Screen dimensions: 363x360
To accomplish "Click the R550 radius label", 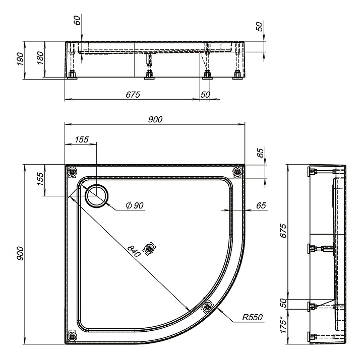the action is tap(253, 317).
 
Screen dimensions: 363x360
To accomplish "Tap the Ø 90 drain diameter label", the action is tap(135, 205).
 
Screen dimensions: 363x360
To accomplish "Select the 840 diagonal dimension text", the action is tap(134, 251).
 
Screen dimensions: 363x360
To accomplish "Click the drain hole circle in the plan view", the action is tap(96, 195).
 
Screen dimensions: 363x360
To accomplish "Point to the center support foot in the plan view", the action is tap(149, 249).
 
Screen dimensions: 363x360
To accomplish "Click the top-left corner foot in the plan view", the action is tap(73, 172).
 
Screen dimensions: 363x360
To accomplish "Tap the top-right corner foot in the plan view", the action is tap(238, 172).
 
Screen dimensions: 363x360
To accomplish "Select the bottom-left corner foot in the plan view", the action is tap(72, 335).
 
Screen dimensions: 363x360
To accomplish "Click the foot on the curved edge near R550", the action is tap(207, 307).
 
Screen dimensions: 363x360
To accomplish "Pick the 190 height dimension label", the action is tap(20, 59).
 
